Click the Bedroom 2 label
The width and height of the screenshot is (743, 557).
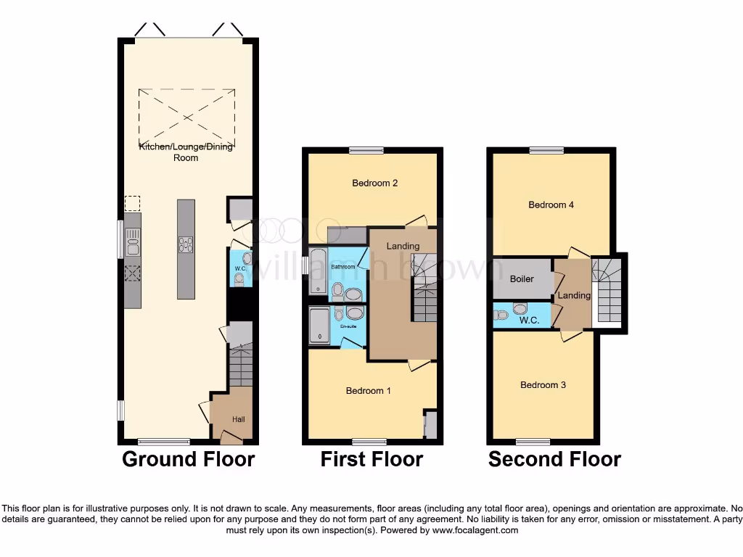[x=374, y=183]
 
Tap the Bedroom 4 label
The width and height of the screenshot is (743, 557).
[x=551, y=205]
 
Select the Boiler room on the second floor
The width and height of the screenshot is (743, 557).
[x=522, y=278]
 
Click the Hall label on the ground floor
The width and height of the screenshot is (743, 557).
[x=239, y=419]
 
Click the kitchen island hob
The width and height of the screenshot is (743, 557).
[x=186, y=244]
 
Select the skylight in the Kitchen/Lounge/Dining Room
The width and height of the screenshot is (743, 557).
[x=186, y=115]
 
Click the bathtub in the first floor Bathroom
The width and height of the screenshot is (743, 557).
[x=318, y=272]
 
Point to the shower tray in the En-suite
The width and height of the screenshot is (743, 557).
[x=319, y=326]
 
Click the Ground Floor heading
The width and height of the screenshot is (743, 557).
[x=188, y=459]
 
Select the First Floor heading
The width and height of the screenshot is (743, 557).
[x=371, y=459]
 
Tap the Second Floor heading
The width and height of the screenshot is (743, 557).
[x=554, y=459]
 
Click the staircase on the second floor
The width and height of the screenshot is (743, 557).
[x=607, y=290]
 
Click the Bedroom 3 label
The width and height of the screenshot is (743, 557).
[x=543, y=385]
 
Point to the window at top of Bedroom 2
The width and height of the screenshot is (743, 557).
[x=366, y=151]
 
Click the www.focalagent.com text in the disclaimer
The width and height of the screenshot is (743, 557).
[x=475, y=530]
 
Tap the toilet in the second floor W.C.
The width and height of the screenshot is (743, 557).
[x=501, y=315]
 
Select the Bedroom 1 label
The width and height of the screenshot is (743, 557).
[x=368, y=391]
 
